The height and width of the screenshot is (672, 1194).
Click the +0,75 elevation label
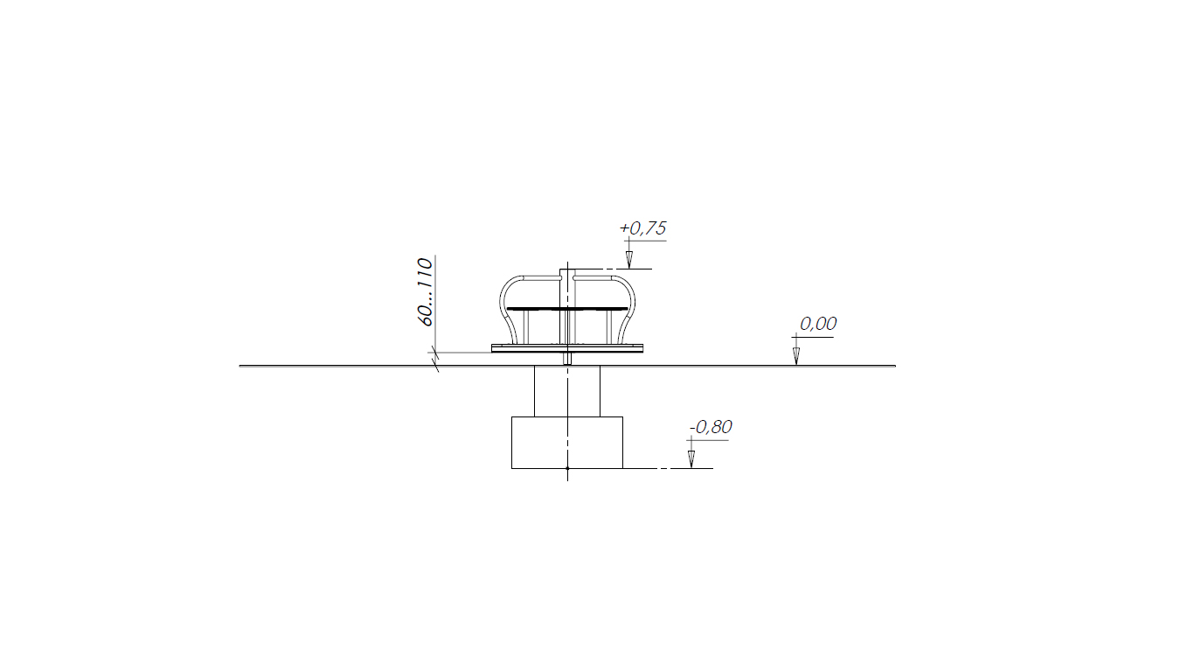pos(642,228)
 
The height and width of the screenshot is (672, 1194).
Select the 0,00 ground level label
pos(818,324)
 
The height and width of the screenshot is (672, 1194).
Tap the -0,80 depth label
pos(711,427)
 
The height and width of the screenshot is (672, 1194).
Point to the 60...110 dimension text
pos(425,292)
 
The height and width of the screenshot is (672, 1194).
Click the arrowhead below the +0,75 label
pos(629,260)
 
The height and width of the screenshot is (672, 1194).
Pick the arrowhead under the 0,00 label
pos(796,356)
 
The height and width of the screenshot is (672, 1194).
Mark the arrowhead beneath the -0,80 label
pos(691,459)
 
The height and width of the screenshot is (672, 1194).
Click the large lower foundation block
pos(567,443)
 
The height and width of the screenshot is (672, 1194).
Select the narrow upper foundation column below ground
pos(567,391)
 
